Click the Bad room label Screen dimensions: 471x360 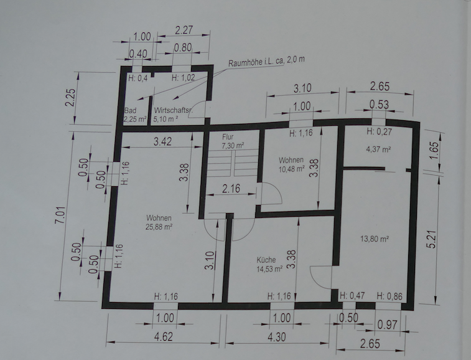[130, 110]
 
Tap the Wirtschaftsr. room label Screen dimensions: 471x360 [173, 110]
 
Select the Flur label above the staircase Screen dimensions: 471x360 [228, 137]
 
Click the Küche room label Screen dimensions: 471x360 [266, 260]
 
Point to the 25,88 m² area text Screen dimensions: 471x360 [159, 227]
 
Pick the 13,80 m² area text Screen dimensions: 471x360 [375, 239]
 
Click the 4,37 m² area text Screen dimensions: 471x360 [378, 149]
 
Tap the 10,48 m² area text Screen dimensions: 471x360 [292, 169]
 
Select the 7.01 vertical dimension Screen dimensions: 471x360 [60, 215]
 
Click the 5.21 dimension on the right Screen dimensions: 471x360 [431, 239]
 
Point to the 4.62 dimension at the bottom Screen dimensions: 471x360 [164, 336]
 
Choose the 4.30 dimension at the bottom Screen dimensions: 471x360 [276, 337]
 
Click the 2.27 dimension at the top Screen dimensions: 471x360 [184, 30]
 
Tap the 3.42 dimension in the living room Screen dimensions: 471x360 [162, 141]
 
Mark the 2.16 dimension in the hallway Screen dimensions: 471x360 [231, 188]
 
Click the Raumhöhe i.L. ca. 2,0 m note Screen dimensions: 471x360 [266, 61]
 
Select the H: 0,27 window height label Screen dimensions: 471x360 [379, 131]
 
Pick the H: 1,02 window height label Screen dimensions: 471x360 [183, 78]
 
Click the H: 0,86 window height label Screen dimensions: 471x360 [389, 296]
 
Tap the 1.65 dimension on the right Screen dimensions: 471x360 [435, 151]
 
